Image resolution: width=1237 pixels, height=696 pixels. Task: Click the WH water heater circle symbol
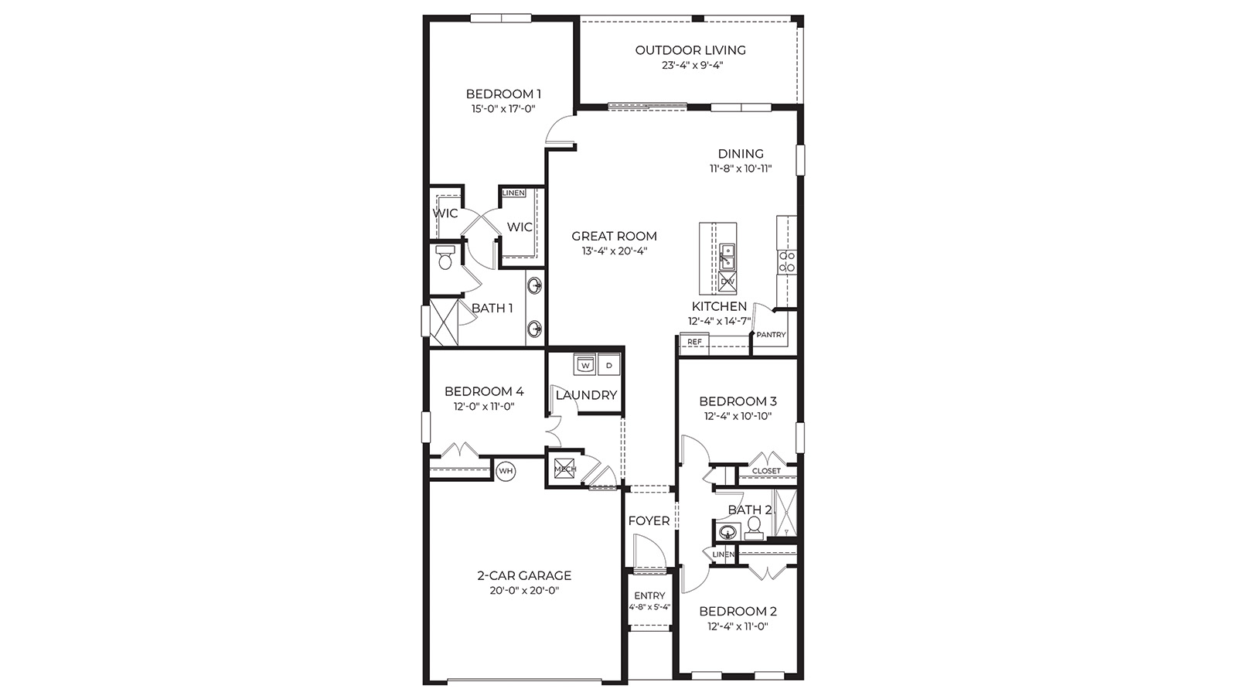click(x=506, y=470)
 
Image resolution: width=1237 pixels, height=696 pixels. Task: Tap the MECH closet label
click(x=564, y=469)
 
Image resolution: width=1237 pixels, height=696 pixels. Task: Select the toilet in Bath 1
click(x=445, y=258)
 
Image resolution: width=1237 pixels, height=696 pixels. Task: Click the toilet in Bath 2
click(x=754, y=527)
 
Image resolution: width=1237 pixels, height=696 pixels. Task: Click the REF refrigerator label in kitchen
click(x=694, y=342)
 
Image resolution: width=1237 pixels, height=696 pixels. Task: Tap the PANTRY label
click(x=771, y=335)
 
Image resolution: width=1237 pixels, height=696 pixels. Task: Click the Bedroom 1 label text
click(x=503, y=94)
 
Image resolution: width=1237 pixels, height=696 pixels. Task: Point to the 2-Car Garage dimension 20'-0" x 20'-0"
click(x=523, y=591)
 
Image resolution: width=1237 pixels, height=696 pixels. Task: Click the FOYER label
click(x=649, y=521)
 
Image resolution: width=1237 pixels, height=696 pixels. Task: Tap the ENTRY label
click(x=649, y=595)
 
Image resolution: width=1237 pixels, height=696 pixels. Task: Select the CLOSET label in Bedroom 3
click(x=766, y=471)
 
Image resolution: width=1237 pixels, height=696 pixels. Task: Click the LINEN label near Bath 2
click(x=723, y=554)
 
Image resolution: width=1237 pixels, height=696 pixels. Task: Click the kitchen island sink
click(x=727, y=256)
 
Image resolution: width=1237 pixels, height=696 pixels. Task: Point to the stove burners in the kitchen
click(x=787, y=261)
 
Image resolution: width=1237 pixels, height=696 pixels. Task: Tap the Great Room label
click(x=614, y=236)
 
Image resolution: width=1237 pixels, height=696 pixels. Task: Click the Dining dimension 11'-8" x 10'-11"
click(x=741, y=169)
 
